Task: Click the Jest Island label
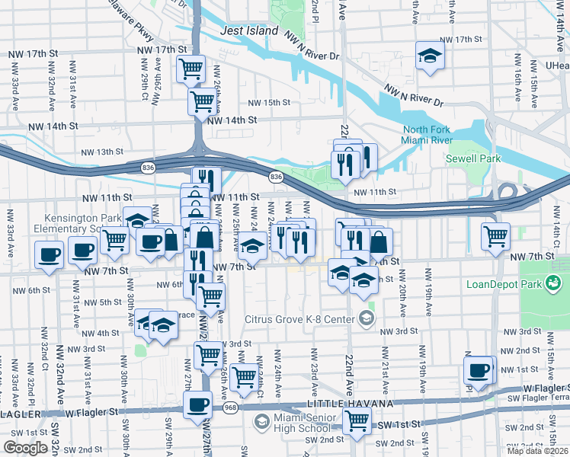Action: [x=248, y=31]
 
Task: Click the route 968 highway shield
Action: [x=229, y=409]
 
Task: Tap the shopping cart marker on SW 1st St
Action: [x=357, y=419]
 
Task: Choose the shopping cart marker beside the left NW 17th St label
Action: [x=191, y=69]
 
